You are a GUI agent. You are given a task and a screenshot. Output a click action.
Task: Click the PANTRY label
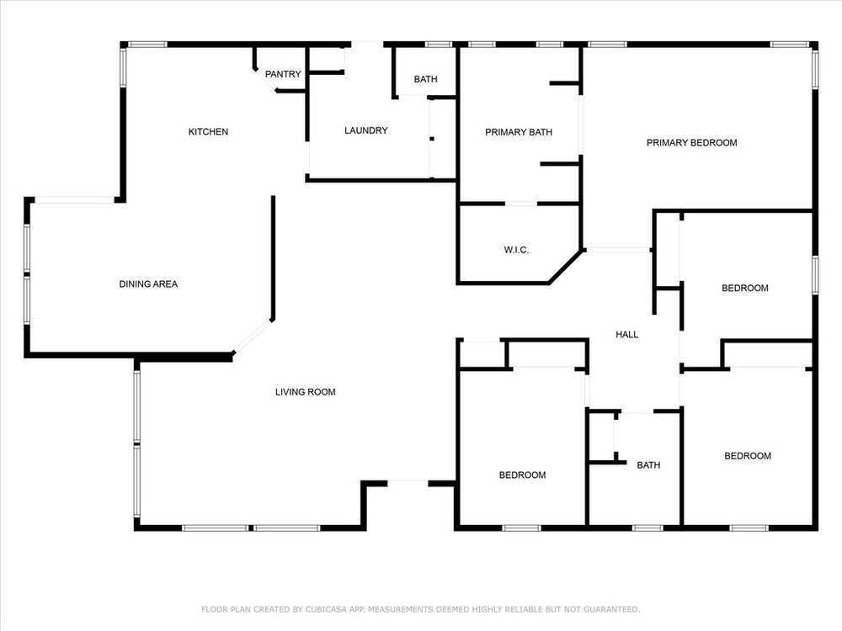click(283, 74)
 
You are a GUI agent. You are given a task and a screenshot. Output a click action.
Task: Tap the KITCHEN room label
click(208, 131)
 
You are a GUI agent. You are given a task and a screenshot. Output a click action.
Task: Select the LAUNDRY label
click(366, 130)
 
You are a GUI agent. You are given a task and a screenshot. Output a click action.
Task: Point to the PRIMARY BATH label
click(519, 132)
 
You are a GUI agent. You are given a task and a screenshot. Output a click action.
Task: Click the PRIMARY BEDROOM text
click(691, 143)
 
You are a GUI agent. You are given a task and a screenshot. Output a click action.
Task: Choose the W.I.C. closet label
click(517, 250)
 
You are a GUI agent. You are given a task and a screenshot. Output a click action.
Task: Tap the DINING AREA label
click(148, 284)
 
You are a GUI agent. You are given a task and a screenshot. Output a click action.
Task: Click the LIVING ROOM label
click(306, 392)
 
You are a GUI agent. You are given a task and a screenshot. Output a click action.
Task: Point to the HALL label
click(626, 335)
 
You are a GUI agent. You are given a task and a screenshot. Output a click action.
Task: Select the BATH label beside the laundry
click(426, 79)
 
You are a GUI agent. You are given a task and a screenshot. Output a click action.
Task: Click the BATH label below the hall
click(648, 465)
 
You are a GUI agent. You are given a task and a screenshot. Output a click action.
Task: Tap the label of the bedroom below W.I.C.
click(523, 475)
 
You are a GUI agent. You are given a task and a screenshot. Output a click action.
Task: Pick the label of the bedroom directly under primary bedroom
click(745, 288)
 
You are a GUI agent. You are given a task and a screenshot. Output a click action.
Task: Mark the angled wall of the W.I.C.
click(566, 267)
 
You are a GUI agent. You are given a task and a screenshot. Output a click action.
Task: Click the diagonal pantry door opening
click(265, 81)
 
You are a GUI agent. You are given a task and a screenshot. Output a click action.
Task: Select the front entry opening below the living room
click(408, 484)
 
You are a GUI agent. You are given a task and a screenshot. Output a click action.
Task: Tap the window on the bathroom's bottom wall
click(648, 528)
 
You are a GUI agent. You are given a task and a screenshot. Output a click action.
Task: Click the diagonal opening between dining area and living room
click(253, 337)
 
